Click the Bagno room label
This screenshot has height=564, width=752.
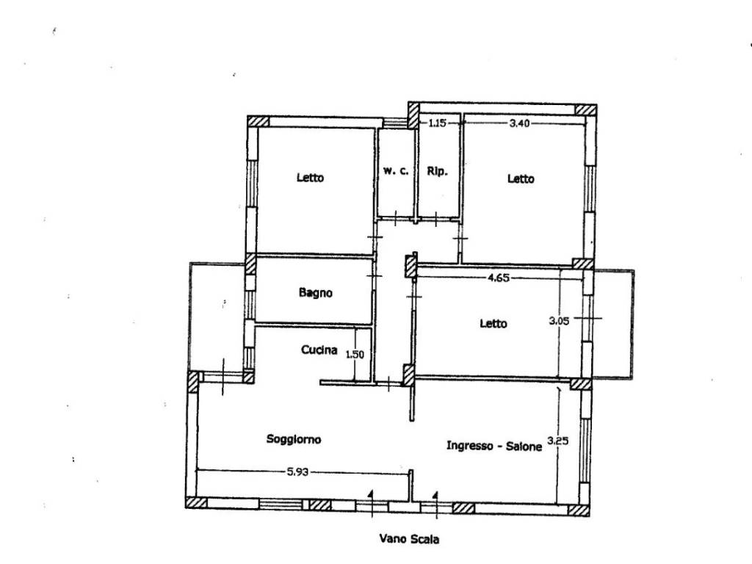[x=316, y=292]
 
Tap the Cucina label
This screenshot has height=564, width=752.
[x=319, y=350]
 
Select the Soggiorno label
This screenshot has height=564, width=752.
[x=294, y=439]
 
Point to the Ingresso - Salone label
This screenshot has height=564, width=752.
[x=494, y=446]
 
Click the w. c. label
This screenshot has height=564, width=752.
[x=396, y=170]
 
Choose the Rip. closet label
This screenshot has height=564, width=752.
[x=437, y=171]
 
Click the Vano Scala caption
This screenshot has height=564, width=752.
[x=409, y=539]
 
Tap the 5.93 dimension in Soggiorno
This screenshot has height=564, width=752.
[x=297, y=472]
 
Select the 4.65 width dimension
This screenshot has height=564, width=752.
[x=499, y=278]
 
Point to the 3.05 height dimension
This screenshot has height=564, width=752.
[x=559, y=321]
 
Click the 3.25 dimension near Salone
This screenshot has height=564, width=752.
[x=558, y=441]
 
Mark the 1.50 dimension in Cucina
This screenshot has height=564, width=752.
[x=355, y=355]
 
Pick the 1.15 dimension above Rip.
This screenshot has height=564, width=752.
[x=437, y=123]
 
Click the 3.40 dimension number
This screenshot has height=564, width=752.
[x=519, y=123]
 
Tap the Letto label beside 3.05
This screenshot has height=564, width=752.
[x=493, y=324]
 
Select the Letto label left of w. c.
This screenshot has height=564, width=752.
[x=311, y=178]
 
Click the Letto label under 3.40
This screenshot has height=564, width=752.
[x=521, y=179]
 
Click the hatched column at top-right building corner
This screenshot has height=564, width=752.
[x=585, y=110]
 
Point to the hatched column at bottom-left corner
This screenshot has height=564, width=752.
[x=196, y=502]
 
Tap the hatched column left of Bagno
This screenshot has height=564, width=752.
[x=250, y=264]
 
